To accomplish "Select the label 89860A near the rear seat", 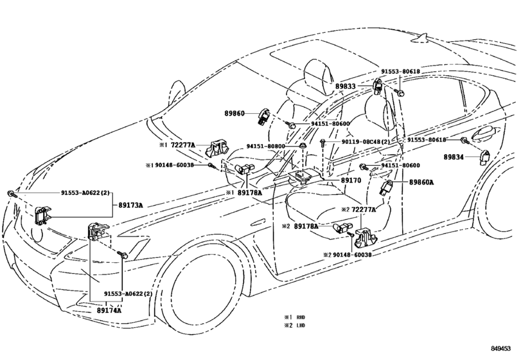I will tap(422, 182).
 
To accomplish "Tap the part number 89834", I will tap(454, 156).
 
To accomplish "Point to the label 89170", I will tap(350, 181).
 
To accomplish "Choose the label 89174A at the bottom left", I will tap(109, 310).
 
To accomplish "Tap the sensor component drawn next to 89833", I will tap(378, 84).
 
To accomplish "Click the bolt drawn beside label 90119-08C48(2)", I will tap(321, 142).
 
